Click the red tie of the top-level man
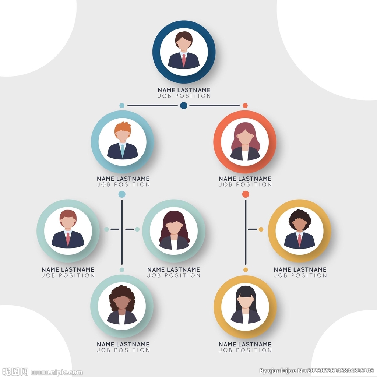[184, 60]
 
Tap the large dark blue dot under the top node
[184, 105]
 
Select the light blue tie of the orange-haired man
[123, 151]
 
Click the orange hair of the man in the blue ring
[123, 128]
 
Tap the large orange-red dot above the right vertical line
[246, 194]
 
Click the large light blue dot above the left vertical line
[122, 194]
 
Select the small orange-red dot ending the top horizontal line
[245, 105]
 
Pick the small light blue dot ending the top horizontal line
[122, 105]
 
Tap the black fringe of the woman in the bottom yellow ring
[245, 292]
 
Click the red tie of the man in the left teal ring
[68, 239]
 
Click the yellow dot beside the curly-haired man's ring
[261, 229]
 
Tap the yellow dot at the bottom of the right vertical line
[246, 270]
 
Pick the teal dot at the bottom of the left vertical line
[122, 270]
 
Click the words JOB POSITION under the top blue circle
[184, 96]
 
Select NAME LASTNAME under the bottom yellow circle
[245, 344]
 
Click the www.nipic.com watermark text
[57, 373]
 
